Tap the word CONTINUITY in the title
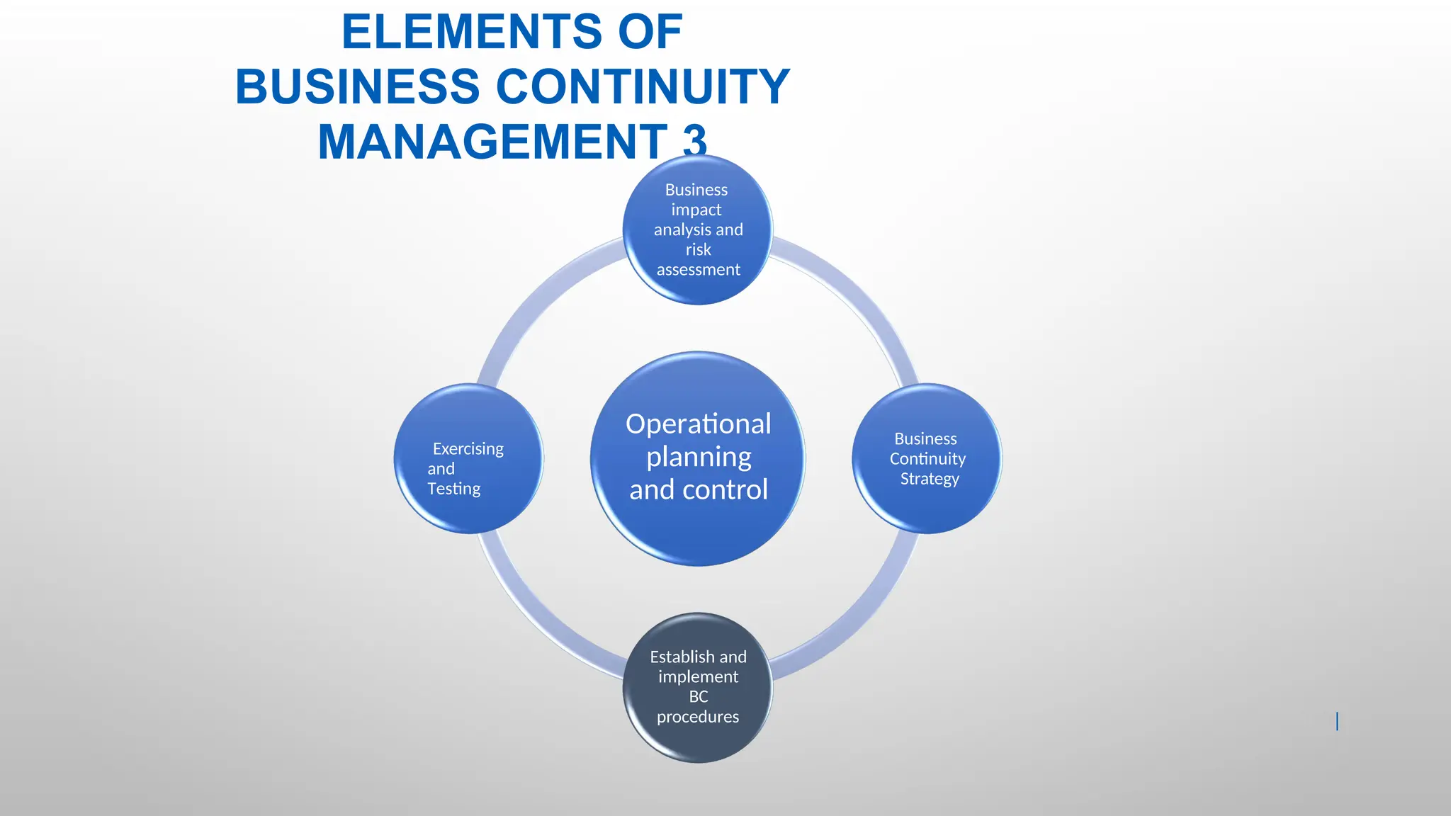tap(643, 86)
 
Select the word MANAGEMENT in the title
tap(492, 142)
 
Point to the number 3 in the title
tap(695, 142)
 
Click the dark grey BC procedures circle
tap(698, 687)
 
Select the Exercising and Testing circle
tap(468, 458)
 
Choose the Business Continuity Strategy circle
tap(927, 458)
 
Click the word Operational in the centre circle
tap(698, 424)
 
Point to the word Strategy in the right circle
tap(930, 480)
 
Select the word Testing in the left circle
tap(453, 489)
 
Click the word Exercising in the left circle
tap(468, 449)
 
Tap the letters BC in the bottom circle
tap(699, 697)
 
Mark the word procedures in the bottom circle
tap(698, 717)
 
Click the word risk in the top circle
tap(698, 250)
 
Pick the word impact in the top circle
tap(696, 210)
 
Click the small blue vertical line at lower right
tap(1337, 721)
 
